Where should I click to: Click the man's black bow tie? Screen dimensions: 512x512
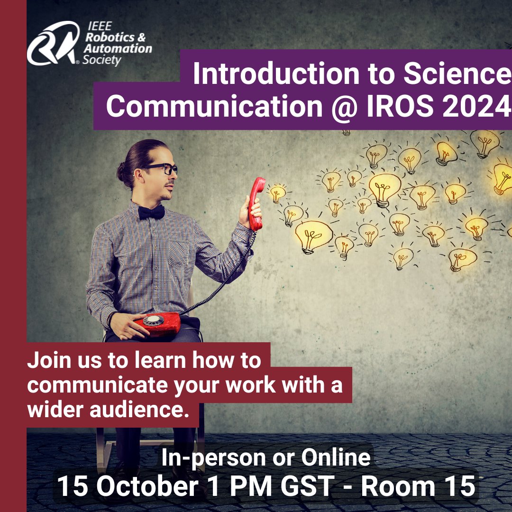151,212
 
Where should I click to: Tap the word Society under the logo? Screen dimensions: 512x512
101,61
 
